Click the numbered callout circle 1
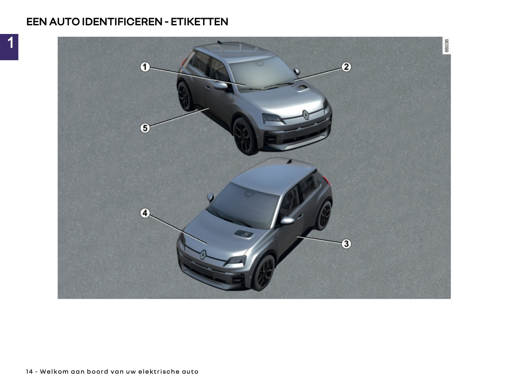click(x=145, y=67)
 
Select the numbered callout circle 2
click(x=346, y=67)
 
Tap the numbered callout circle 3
click(x=346, y=243)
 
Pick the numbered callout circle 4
click(x=145, y=213)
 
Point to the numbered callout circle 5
click(x=145, y=128)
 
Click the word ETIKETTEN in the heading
click(x=199, y=22)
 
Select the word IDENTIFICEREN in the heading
click(x=122, y=22)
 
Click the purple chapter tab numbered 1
click(x=9, y=47)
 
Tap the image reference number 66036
click(x=446, y=45)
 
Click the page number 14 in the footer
click(x=29, y=371)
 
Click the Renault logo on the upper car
click(x=306, y=115)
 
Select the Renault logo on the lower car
click(x=203, y=254)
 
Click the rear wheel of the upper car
click(x=185, y=97)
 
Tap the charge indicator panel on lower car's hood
click(x=244, y=234)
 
